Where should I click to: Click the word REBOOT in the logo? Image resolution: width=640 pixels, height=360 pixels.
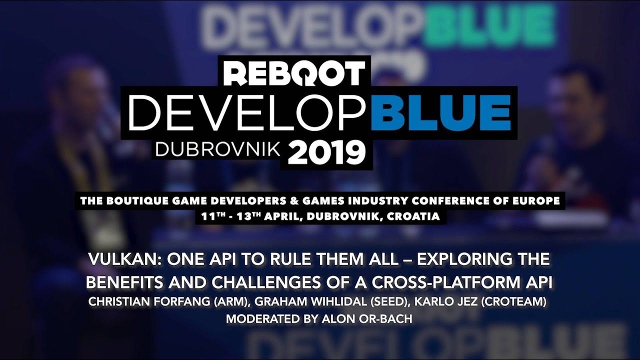293,74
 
